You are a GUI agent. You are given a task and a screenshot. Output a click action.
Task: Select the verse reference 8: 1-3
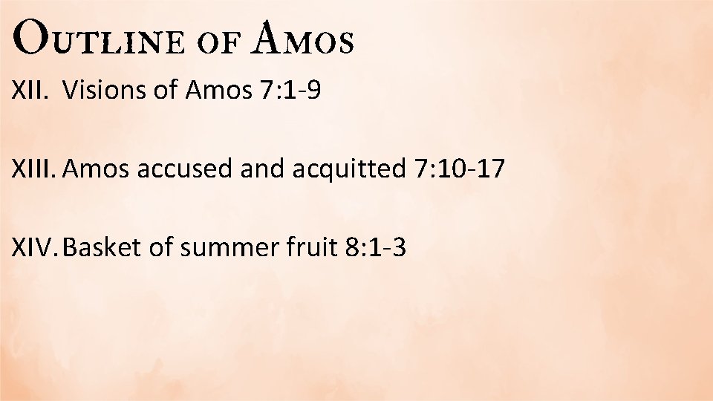(x=376, y=247)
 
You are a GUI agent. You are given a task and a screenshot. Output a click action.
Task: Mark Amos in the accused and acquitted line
(x=91, y=169)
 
